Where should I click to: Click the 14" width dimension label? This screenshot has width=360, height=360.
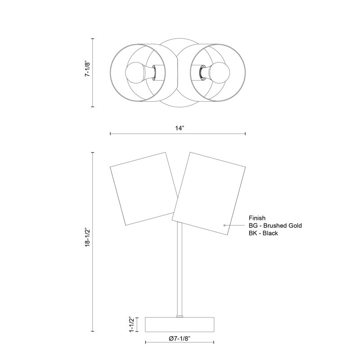(180, 128)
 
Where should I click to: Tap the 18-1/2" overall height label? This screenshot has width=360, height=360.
(88, 238)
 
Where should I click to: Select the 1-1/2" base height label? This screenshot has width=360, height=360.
(132, 324)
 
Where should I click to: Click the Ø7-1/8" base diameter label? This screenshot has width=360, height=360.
(180, 339)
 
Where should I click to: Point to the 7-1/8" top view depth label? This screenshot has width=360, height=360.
(88, 69)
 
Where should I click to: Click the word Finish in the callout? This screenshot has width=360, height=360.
(257, 218)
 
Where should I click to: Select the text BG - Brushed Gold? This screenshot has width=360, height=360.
(275, 225)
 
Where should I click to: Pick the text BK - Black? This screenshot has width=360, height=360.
(263, 233)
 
